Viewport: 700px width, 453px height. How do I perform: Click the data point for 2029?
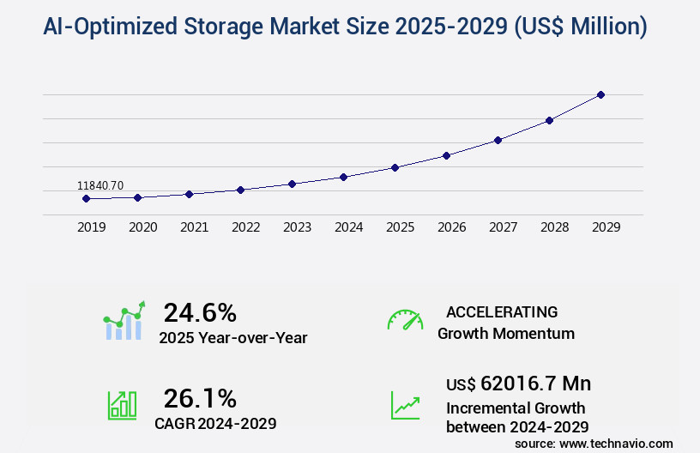[x=600, y=94]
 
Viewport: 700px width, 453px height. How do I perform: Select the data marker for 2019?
[x=86, y=198]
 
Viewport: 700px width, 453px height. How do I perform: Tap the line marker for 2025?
[x=395, y=167]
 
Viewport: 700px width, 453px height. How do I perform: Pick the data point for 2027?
[x=498, y=140]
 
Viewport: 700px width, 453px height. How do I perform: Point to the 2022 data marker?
[x=240, y=190]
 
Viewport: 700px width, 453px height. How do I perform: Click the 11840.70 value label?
[x=100, y=185]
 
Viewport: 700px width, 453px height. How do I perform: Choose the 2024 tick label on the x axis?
[x=348, y=227]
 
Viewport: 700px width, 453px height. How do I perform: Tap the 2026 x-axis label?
[x=451, y=227]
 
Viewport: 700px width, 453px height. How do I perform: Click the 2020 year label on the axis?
[x=142, y=227]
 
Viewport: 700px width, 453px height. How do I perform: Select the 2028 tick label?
[x=554, y=227]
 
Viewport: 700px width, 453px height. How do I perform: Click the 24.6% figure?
[x=200, y=312]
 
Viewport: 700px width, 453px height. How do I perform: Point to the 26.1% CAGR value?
[x=200, y=398]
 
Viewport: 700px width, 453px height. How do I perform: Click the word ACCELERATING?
[x=502, y=311]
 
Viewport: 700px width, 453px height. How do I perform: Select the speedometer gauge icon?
[x=405, y=320]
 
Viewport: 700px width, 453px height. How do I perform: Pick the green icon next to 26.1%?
[x=122, y=405]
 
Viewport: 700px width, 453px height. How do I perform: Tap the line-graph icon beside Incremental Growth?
[x=405, y=405]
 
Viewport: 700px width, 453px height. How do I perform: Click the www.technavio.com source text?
[x=616, y=443]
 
